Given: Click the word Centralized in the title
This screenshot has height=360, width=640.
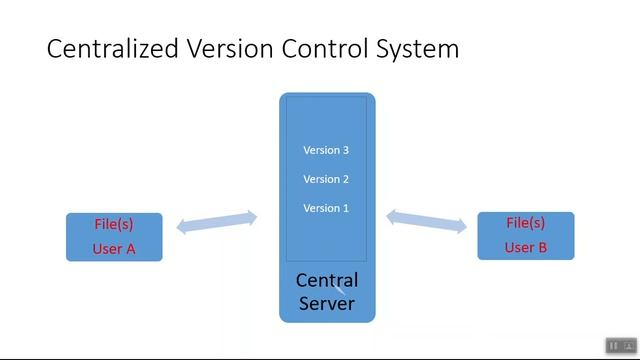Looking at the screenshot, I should [111, 49].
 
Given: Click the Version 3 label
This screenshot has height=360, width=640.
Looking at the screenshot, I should [326, 150].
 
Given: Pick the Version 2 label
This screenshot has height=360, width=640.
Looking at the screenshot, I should [326, 179].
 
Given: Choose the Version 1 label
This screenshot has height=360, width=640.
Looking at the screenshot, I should [326, 208].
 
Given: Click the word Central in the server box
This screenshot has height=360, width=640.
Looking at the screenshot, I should [327, 280].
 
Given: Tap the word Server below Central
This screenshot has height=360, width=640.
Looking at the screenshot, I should [327, 302].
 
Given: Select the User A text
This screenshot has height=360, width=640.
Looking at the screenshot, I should [114, 249].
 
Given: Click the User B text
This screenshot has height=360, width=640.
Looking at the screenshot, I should [525, 247].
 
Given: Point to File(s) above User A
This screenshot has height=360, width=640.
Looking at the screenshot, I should [114, 224].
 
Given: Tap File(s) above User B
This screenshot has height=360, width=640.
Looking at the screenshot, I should [525, 223].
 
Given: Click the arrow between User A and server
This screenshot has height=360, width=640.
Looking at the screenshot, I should [217, 222].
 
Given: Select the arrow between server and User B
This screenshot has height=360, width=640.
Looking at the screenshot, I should [427, 221].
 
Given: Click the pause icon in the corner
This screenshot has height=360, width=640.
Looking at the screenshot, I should [613, 346].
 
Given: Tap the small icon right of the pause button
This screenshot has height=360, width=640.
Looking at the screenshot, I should [629, 346].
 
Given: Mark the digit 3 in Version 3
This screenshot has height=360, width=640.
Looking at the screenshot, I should [345, 150].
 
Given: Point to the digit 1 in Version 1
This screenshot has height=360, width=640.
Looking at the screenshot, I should [345, 208].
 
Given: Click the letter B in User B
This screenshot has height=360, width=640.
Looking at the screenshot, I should [542, 247].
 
